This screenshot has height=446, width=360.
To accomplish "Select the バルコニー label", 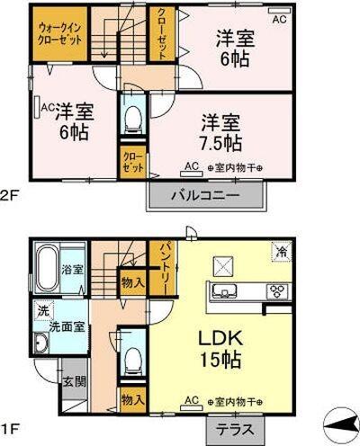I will (x=206, y=195).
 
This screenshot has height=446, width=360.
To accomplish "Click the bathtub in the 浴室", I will (x=47, y=266).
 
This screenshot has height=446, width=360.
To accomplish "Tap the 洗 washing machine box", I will (x=43, y=310).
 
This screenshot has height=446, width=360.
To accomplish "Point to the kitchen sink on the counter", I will (x=223, y=290).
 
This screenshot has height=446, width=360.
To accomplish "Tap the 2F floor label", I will (x=9, y=195).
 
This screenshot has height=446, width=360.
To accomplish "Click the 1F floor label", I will (x=8, y=430).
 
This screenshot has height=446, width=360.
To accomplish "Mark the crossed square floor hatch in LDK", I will (x=222, y=265).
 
